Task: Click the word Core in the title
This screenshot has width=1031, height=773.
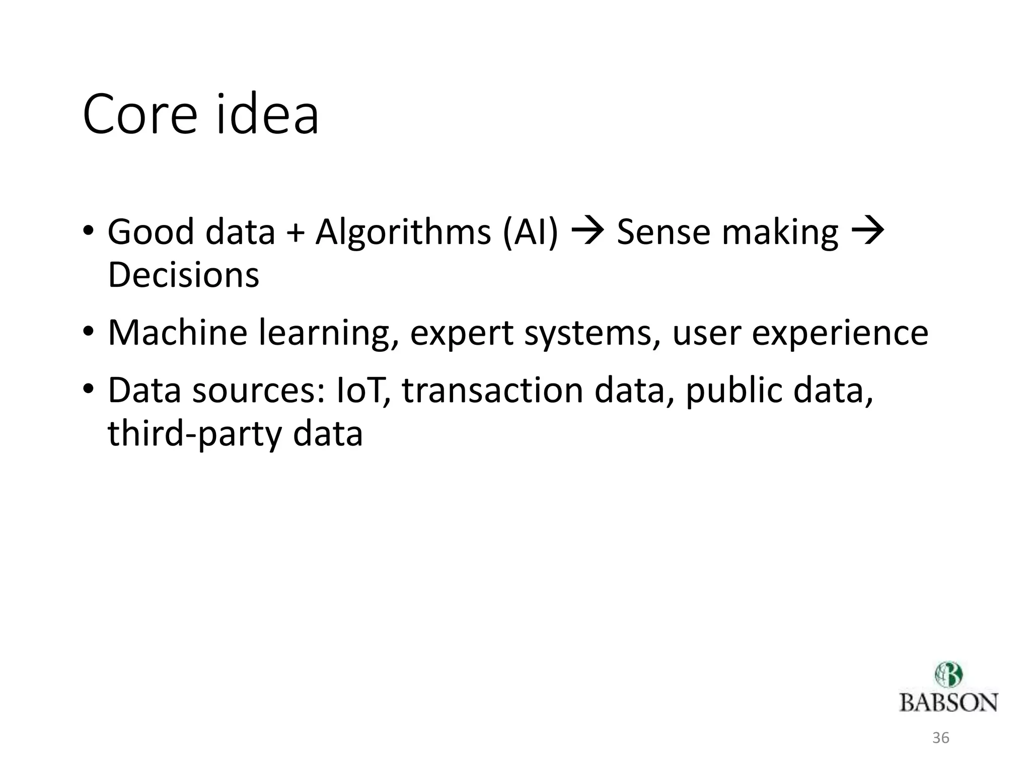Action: [139, 115]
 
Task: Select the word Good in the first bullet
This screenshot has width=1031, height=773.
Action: [151, 232]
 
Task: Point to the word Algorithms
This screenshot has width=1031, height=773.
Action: [403, 233]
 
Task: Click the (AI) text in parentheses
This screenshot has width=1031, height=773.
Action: [531, 233]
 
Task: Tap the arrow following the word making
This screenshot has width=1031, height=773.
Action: [867, 232]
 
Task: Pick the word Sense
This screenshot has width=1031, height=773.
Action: [663, 232]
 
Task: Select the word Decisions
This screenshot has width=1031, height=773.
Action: [183, 275]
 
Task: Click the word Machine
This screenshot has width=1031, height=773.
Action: [177, 333]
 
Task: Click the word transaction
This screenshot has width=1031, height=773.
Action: [492, 391]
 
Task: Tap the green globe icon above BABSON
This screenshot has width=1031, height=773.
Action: [948, 675]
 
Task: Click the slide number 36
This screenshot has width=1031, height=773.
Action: [941, 738]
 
